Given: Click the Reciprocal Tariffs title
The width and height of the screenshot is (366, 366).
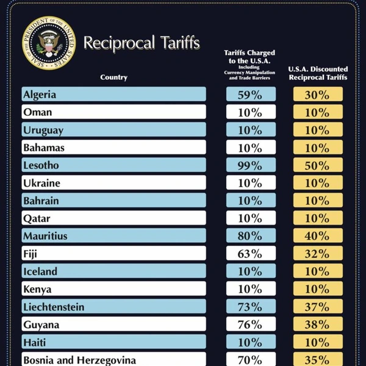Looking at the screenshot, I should coord(142,43).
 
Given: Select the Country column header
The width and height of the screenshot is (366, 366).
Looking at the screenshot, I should coord(113,77).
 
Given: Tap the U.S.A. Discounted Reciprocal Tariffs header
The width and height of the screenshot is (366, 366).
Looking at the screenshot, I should coord(318,73).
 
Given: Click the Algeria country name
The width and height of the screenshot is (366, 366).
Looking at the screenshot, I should coord(39,95).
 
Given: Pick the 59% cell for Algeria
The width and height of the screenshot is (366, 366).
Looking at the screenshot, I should coord(250,95).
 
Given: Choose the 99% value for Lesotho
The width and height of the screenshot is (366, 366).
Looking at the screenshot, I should coord(250,165).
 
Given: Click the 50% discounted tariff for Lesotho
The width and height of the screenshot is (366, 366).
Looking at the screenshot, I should coord(318,165).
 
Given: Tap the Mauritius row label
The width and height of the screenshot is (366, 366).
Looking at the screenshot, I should coord(45,236).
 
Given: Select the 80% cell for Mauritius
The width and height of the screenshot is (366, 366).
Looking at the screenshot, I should coord(250,236).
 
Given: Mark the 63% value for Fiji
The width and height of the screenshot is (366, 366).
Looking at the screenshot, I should coord(250,254).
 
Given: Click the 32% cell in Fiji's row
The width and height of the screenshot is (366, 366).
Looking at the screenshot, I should coord(318,254).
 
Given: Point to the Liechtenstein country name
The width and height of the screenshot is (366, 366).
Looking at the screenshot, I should coord(54,307).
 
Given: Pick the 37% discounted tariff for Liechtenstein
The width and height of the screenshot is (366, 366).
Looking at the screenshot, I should coord(318,307).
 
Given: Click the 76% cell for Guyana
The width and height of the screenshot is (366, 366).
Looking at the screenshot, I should coord(250,325).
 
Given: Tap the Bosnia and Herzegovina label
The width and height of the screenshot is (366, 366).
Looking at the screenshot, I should coord(79,360).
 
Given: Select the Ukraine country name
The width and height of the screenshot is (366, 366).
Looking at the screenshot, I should coord(41,183).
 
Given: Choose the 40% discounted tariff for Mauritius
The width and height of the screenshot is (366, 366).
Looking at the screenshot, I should coord(318,236).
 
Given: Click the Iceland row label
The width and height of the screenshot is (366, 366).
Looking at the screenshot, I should coord(40,271).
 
